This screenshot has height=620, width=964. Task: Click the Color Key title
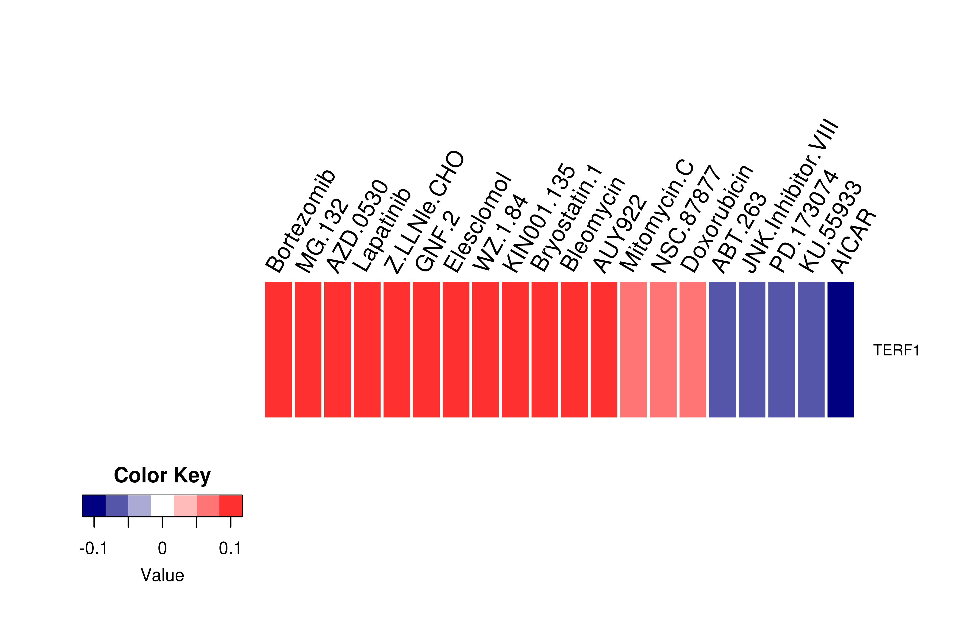[x=162, y=476]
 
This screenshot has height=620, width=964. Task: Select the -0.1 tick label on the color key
[x=94, y=548]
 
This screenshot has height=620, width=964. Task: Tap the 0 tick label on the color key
[x=162, y=548]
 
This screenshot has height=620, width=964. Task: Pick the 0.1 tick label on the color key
[x=230, y=548]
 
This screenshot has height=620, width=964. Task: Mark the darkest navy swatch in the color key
[x=94, y=506]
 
